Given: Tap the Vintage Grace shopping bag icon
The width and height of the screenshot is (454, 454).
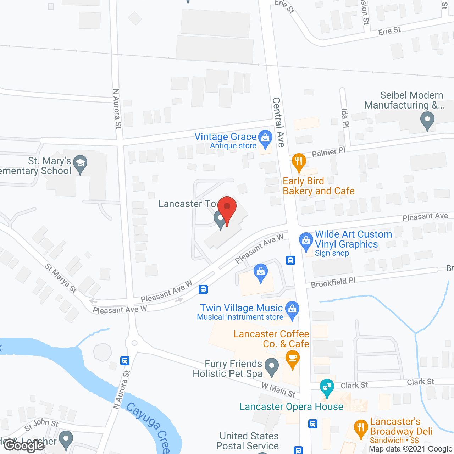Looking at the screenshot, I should (265, 138).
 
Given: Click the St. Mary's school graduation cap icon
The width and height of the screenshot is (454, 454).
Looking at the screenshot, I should (81, 164).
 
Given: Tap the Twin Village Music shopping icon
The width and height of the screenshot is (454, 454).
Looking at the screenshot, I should (292, 310).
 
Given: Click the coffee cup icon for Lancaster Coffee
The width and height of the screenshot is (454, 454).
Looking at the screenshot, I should (293, 359).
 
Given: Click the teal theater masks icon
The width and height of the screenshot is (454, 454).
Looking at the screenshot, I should (326, 387).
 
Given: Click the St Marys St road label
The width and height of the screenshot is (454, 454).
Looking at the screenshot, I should (61, 278).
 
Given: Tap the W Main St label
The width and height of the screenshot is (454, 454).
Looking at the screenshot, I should (279, 390).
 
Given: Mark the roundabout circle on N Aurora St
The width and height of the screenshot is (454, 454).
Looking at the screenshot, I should (134, 343).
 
